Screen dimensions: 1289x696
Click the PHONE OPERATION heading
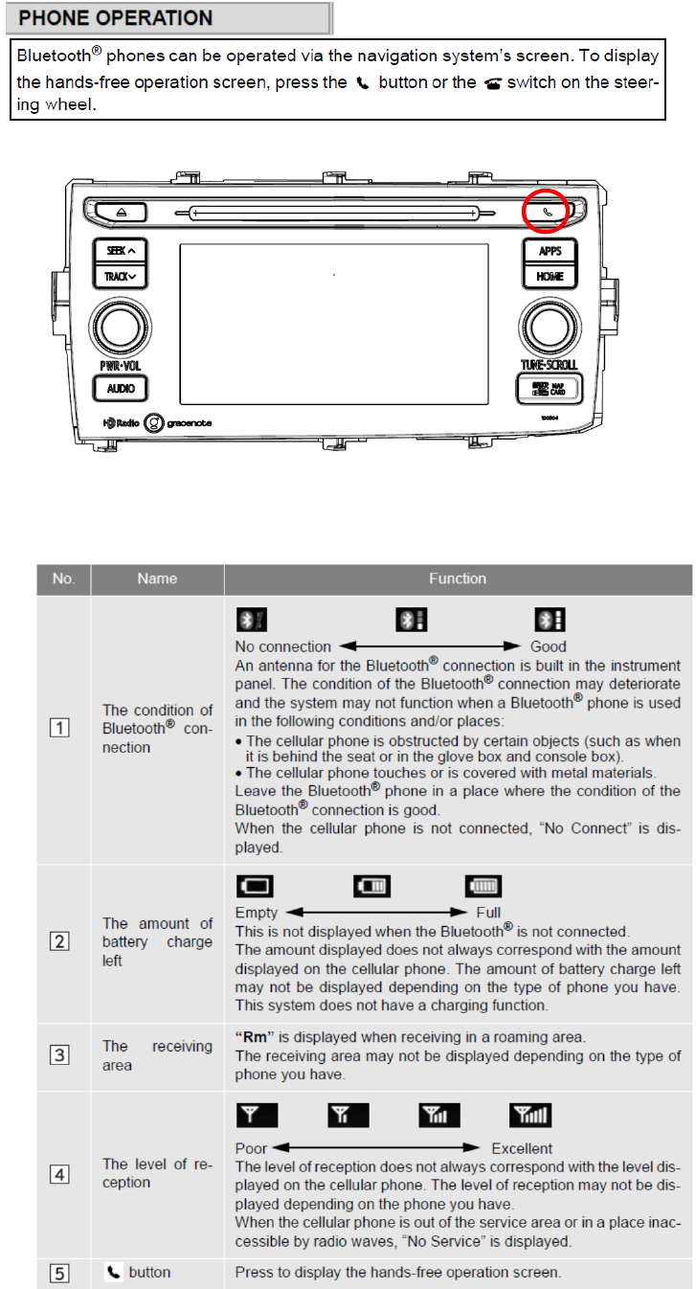coord(116,18)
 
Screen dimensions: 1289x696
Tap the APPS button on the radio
coord(550,251)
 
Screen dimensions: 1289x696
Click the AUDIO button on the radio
coord(120,388)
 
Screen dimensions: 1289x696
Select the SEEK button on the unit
coord(120,250)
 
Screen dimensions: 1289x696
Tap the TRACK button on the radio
coord(120,277)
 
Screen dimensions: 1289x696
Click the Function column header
coord(458,578)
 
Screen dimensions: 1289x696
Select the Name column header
coord(157,578)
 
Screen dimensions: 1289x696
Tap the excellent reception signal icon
coord(529,1115)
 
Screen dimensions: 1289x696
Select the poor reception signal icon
coord(257,1115)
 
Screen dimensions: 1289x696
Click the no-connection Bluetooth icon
coord(251,619)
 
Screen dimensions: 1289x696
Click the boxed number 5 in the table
coord(60,1273)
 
